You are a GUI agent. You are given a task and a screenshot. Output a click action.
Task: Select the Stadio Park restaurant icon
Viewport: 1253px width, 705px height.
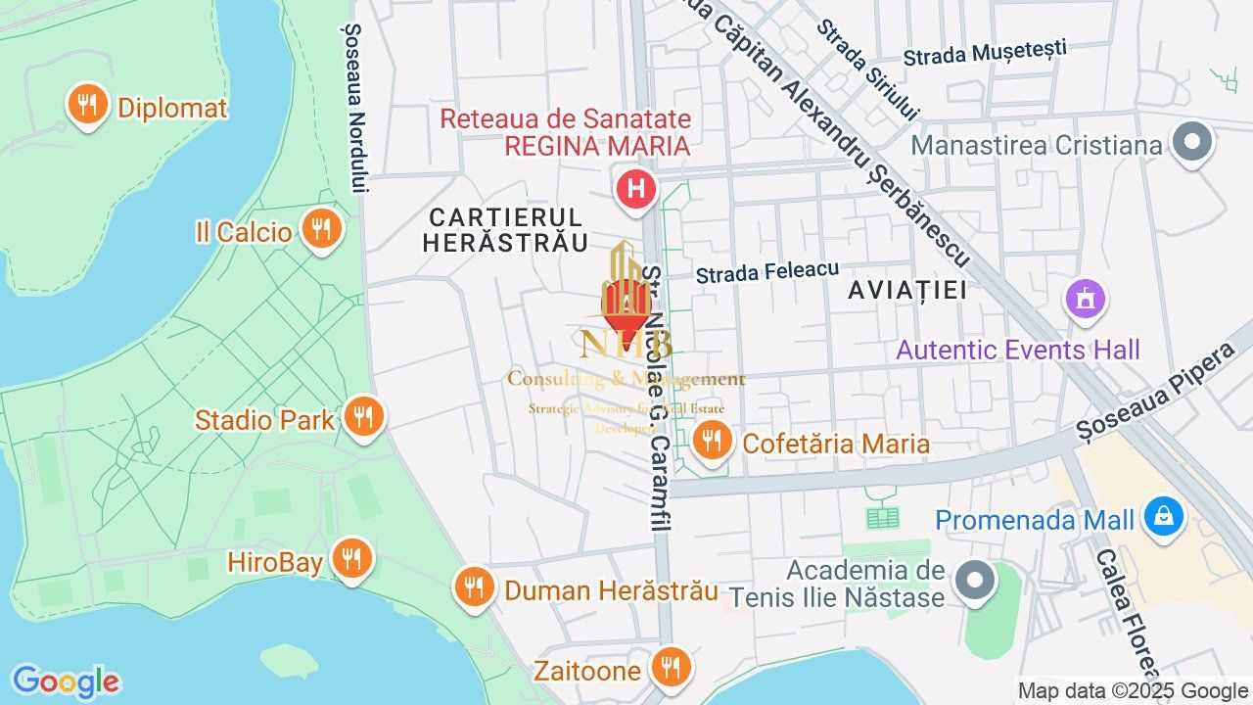tap(363, 418)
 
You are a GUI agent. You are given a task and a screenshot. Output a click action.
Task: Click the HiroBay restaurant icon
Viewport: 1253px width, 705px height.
tap(350, 560)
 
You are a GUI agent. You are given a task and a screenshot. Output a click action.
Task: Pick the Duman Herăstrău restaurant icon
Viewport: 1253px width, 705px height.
tap(474, 587)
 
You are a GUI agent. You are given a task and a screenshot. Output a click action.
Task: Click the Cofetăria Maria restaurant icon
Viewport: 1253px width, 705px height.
tap(712, 442)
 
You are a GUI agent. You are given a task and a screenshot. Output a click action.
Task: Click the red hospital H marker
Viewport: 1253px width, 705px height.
tap(636, 188)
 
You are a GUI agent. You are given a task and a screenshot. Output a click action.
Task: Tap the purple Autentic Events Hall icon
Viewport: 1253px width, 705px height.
tap(1085, 298)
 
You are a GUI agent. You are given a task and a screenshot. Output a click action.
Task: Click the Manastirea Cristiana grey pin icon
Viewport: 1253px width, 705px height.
tap(1191, 143)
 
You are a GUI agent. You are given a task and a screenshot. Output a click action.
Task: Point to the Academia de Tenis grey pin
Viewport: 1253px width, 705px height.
tap(974, 582)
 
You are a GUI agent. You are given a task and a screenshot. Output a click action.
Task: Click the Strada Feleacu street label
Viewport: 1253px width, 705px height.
tap(767, 271)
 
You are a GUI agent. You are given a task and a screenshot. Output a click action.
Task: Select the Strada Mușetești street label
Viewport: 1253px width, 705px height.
tap(985, 53)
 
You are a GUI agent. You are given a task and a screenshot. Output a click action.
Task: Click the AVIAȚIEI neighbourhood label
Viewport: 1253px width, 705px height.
tap(907, 290)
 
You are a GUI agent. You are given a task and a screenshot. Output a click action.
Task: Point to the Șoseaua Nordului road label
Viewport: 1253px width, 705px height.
tap(355, 108)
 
